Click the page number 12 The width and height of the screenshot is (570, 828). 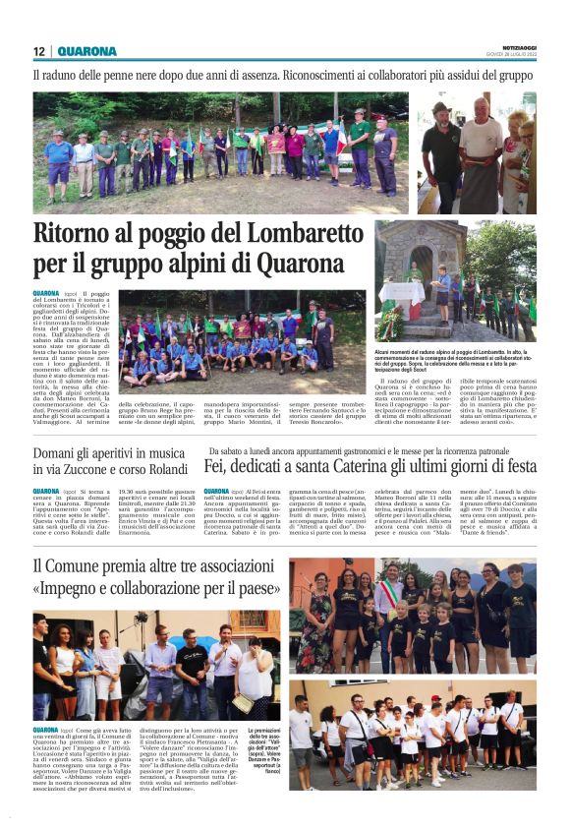[x=39, y=52]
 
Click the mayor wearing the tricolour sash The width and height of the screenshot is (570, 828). [x=389, y=601]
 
